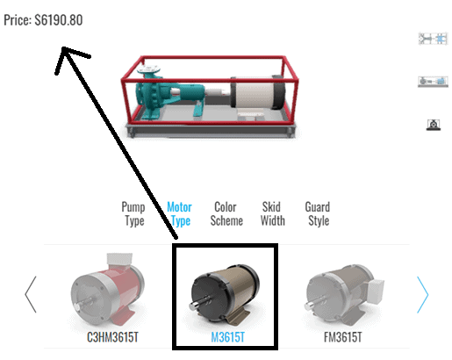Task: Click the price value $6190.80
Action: pos(59,20)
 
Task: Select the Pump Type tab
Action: pos(133,214)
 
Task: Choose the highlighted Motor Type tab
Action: pos(179,214)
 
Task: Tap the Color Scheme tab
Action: pos(226,214)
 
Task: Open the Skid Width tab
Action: pos(273,214)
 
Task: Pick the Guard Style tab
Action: pos(318,214)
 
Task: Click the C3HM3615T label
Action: pos(112,337)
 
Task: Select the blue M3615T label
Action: pos(228,337)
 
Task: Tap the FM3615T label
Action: pos(343,337)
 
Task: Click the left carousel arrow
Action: pos(31,294)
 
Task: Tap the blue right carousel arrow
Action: pos(422,294)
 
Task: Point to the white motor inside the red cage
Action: pos(257,94)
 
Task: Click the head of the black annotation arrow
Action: pos(64,47)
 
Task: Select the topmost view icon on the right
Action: pos(433,39)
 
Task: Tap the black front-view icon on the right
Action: pos(434,125)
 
